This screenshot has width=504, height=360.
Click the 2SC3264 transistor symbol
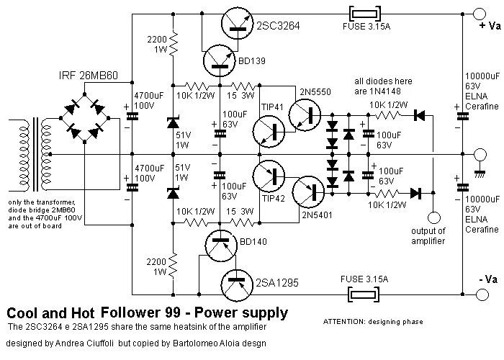click(237, 23)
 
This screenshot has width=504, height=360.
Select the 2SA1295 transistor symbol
click(237, 285)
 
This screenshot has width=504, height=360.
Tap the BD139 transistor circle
click(220, 60)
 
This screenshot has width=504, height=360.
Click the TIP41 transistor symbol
click(269, 132)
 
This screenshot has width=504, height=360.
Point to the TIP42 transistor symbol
click(269, 176)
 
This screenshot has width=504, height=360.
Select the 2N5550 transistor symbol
click(305, 115)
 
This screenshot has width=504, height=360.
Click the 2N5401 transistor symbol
click(309, 192)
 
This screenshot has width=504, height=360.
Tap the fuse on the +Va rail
click(365, 14)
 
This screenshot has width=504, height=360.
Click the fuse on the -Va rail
click(364, 294)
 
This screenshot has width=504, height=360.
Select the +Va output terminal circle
click(479, 14)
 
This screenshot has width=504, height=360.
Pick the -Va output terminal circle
click(482, 294)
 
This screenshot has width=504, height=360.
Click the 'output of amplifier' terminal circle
click(433, 218)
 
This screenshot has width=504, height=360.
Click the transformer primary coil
click(24, 155)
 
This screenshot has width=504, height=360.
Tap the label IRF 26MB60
click(89, 75)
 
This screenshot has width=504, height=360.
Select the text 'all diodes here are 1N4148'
click(383, 86)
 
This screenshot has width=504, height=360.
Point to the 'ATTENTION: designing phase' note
click(373, 321)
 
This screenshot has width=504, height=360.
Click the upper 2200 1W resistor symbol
click(174, 43)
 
